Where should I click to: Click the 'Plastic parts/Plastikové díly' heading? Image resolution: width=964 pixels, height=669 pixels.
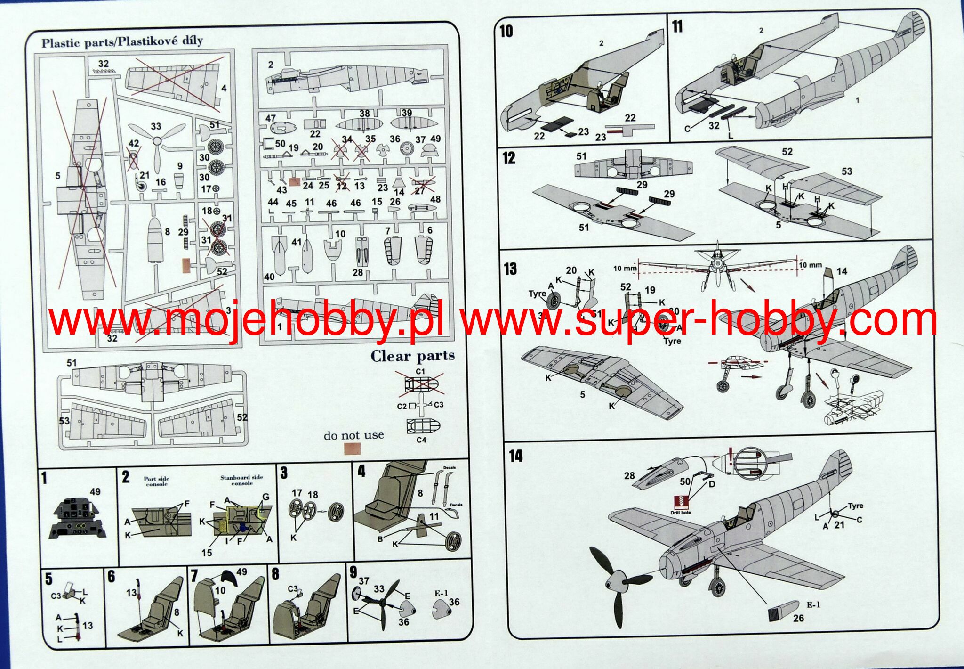coord(122,42)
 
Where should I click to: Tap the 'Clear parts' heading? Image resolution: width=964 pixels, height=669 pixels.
coord(412,356)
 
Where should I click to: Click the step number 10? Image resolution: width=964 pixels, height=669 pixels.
coord(506,31)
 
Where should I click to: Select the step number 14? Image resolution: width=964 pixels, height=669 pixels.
coord(515,456)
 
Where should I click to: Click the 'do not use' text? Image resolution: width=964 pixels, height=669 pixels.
coord(353,435)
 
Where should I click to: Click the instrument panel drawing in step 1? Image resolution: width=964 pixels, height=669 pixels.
coord(78,518)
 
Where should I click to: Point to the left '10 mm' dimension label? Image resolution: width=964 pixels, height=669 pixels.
coord(625,268)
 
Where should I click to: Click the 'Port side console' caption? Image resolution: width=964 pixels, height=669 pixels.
coord(156,481)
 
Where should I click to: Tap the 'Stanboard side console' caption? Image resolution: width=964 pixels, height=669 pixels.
coord(242,480)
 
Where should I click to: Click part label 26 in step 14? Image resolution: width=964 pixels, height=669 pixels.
coord(798,618)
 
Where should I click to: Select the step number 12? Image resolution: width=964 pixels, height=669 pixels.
coord(509,158)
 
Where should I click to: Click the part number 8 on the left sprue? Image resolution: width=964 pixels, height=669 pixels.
coord(168,232)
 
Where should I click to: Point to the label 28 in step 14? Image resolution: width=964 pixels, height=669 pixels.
coord(629,476)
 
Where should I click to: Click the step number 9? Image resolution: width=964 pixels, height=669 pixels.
coord(353,572)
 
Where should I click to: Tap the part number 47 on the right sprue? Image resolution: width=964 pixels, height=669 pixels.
coord(270,118)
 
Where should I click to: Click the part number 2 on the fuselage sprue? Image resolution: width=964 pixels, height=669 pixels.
coord(271,65)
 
